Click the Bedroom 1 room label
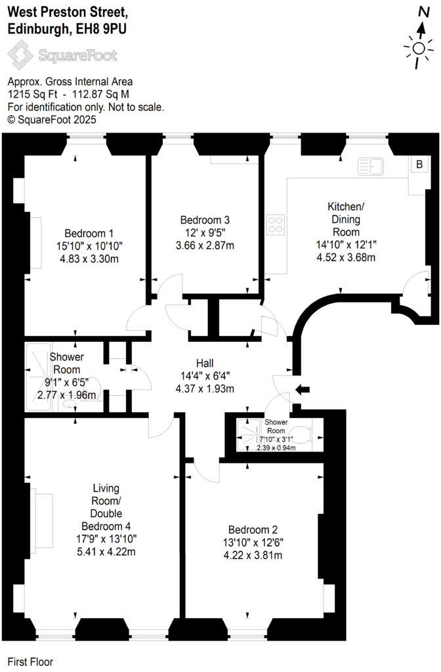click(x=89, y=233)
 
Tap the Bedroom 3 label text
click(x=205, y=220)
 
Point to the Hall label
click(x=205, y=363)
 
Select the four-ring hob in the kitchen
click(x=275, y=224)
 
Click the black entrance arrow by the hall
click(x=303, y=390)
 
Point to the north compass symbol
click(x=420, y=48)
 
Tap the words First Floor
click(x=30, y=662)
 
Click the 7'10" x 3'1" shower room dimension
click(x=276, y=438)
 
